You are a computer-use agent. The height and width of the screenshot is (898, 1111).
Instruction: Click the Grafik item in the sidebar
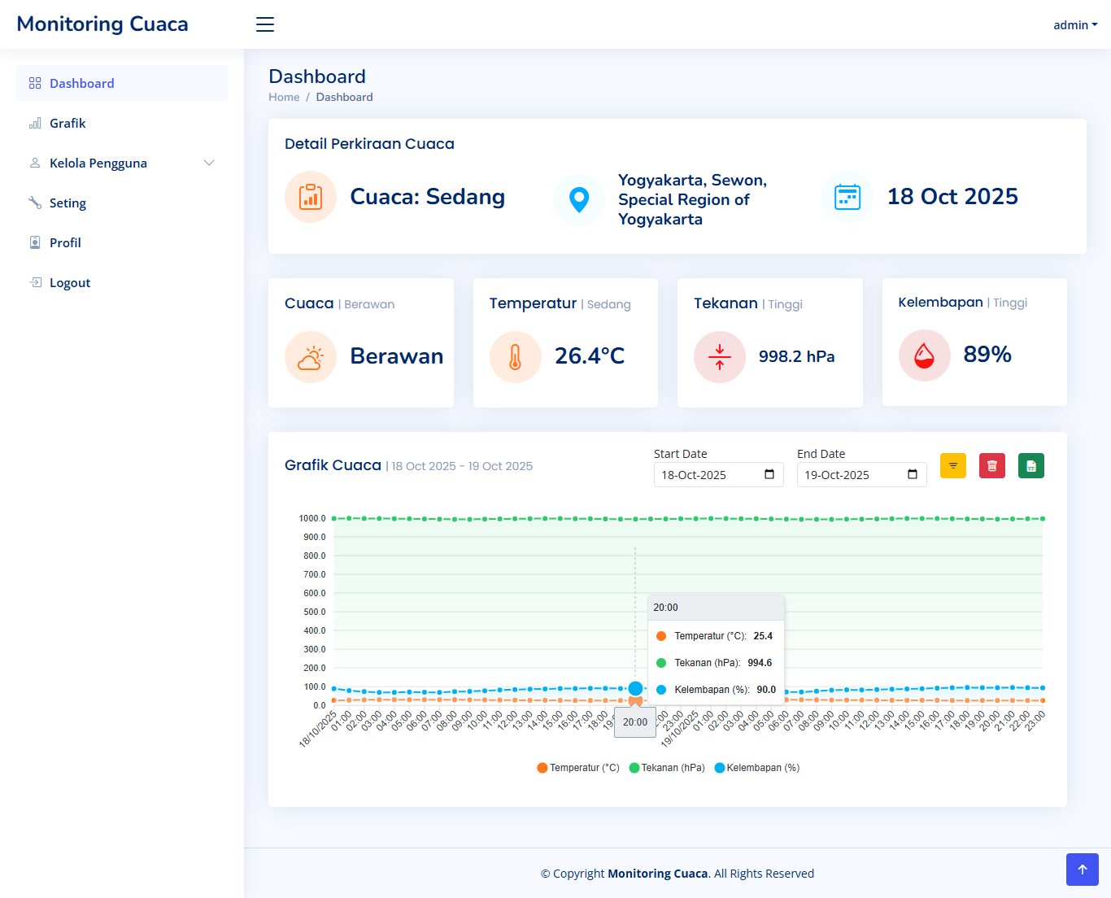pos(68,124)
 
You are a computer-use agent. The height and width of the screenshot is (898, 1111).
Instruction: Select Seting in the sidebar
pos(68,203)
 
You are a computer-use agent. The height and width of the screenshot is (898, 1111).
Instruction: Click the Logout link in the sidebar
pos(69,283)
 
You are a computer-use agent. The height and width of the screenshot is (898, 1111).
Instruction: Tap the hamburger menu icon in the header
pos(265,24)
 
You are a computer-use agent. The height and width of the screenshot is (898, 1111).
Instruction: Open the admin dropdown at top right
pos(1074,25)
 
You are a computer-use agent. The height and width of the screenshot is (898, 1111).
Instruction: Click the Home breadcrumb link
pos(284,97)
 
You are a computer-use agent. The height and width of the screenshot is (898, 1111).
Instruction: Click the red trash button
pos(991,466)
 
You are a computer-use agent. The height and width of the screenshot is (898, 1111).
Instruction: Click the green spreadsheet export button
pos(1030,466)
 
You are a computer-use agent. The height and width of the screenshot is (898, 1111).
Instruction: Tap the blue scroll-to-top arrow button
pos(1082,870)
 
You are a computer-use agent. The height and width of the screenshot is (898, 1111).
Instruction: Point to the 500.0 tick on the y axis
pos(314,612)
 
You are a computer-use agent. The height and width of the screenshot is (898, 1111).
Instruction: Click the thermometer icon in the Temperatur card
pos(515,357)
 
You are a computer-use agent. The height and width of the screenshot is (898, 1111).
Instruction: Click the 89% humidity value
pos(987,355)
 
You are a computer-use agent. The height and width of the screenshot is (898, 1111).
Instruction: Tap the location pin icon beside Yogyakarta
pos(578,199)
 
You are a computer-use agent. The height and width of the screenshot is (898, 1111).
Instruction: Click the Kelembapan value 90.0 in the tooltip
pos(765,690)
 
